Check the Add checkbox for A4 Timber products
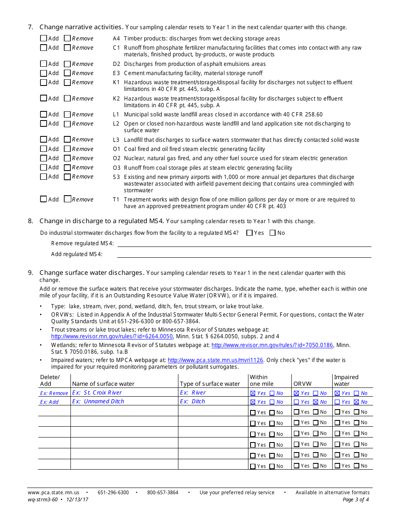(43, 38)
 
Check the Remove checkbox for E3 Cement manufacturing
(67, 73)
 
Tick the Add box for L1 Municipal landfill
(43, 114)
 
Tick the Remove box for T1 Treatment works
(67, 199)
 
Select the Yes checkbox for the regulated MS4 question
(250, 233)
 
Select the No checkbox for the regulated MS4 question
(273, 233)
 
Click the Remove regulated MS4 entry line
(244, 243)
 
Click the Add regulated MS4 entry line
(244, 254)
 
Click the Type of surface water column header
(210, 384)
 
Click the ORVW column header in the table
(300, 384)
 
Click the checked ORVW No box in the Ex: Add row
(316, 402)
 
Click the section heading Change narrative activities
(81, 27)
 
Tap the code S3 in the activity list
(116, 177)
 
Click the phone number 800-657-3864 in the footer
(163, 493)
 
